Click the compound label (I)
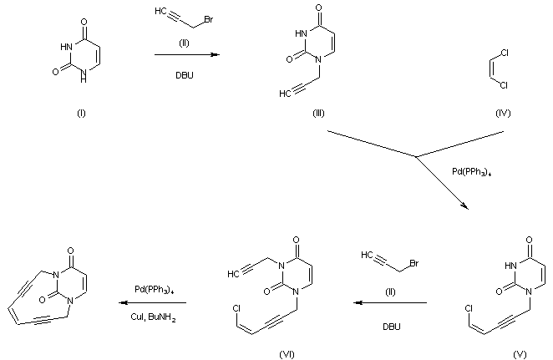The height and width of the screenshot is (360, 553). pyautogui.click(x=80, y=114)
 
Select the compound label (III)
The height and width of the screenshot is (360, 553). pyautogui.click(x=318, y=114)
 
